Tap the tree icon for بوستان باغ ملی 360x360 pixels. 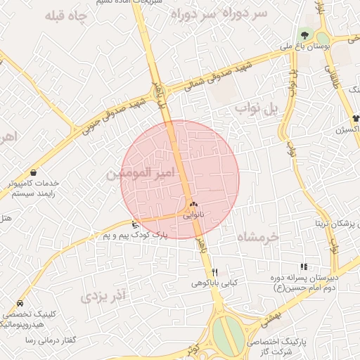pyautogui.click(x=304, y=34)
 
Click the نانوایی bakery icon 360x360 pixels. pyautogui.click(x=193, y=204)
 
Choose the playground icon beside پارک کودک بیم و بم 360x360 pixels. pyautogui.click(x=135, y=225)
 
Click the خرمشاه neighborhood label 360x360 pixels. pyautogui.click(x=258, y=236)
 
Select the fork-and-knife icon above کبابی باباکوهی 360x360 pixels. pyautogui.click(x=215, y=272)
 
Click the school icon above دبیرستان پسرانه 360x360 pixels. pyautogui.click(x=303, y=266)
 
